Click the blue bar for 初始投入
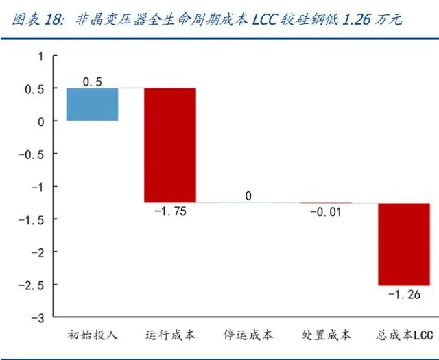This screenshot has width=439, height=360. (92, 104)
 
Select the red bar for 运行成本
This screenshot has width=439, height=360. (170, 145)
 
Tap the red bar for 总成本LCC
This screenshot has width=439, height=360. (403, 244)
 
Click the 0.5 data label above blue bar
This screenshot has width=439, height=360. (92, 82)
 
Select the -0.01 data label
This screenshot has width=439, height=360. (325, 212)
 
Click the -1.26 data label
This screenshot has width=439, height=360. (405, 295)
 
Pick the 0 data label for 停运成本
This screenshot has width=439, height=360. (248, 196)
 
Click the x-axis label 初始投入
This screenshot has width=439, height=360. (93, 335)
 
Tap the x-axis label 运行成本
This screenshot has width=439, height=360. (170, 335)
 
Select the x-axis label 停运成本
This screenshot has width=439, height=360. (248, 335)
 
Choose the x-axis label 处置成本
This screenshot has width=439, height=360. (326, 335)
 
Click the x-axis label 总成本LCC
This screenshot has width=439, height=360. (405, 335)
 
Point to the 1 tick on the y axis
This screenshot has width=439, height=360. (40, 56)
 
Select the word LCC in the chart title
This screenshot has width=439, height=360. (268, 19)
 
